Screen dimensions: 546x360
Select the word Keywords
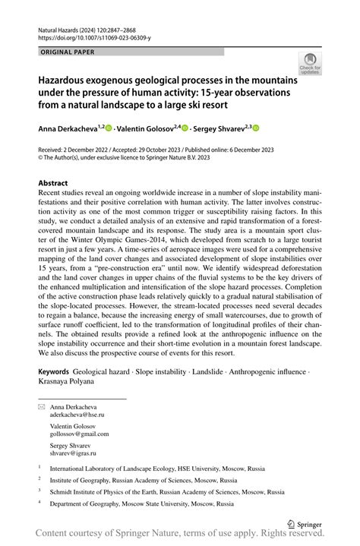tap(58, 373)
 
